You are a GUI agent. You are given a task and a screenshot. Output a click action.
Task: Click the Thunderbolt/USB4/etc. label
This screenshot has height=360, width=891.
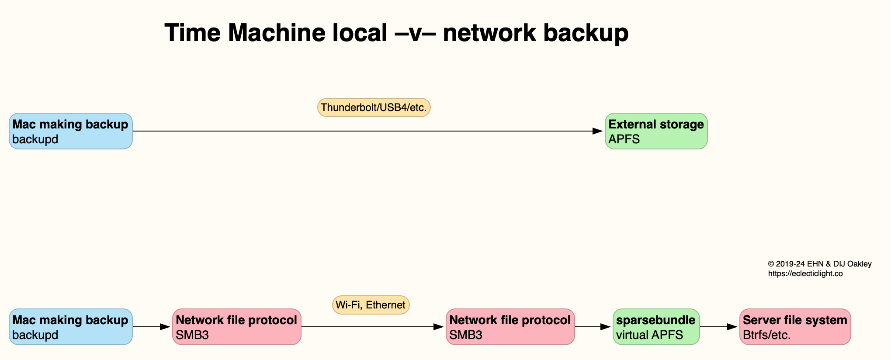374,107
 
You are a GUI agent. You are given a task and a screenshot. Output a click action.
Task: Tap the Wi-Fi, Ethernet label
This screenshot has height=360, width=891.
371,305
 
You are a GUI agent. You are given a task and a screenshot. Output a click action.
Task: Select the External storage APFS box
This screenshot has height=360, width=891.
656,131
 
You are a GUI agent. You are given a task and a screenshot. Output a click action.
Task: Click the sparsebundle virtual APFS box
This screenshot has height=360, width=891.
656,327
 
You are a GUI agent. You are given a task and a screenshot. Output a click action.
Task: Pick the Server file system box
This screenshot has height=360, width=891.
795,327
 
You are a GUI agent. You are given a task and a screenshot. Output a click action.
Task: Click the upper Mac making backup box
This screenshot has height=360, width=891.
71,131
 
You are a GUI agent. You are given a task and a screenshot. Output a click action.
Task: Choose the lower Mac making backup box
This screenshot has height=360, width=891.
71,327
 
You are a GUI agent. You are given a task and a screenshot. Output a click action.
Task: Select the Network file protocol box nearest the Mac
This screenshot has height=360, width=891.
236,327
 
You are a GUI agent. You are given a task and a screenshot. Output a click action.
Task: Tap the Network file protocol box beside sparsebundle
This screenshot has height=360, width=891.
510,327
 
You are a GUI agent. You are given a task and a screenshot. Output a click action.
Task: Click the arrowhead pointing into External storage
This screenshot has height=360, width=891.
598,131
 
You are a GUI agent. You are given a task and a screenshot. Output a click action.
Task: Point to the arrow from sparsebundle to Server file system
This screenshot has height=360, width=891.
719,327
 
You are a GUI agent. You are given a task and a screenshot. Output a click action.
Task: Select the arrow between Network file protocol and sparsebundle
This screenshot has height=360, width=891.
593,327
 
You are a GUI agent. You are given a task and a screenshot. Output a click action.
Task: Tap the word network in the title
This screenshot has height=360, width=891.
489,33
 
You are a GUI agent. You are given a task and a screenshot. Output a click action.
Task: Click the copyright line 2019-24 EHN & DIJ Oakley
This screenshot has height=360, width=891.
820,264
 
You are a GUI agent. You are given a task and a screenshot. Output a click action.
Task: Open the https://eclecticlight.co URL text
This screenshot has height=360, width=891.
805,274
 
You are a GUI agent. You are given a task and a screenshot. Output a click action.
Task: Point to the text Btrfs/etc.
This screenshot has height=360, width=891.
766,335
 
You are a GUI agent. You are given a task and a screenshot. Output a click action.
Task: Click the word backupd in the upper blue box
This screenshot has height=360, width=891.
35,139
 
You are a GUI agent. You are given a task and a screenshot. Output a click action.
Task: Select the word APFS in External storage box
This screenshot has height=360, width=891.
624,139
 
